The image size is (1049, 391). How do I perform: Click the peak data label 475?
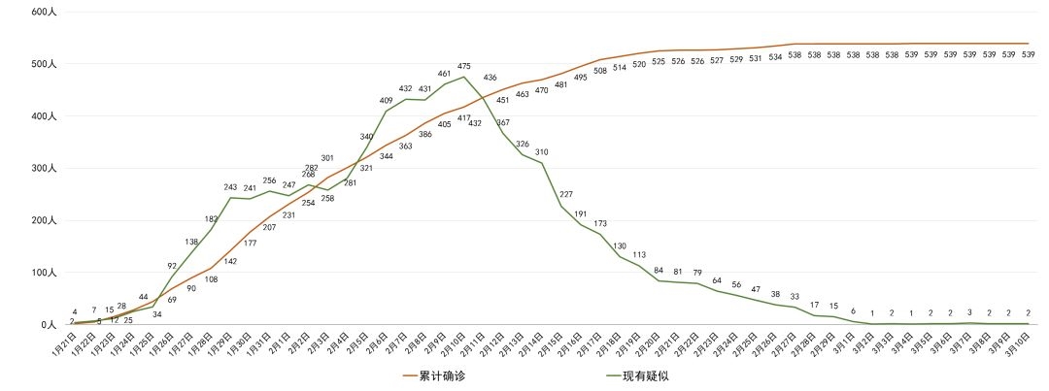click(x=463, y=66)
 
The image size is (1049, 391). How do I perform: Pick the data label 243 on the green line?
click(x=230, y=187)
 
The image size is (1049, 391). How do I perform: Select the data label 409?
click(x=387, y=100)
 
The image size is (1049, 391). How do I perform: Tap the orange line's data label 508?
click(x=600, y=70)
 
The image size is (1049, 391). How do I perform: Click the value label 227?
click(x=566, y=195)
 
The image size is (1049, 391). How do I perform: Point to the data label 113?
click(x=639, y=255)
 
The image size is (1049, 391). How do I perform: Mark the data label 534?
click(x=775, y=56)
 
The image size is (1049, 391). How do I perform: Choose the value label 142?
click(x=230, y=262)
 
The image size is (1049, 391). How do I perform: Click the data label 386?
click(x=424, y=134)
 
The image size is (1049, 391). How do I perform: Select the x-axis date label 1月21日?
click(x=63, y=345)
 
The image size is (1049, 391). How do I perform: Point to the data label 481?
click(x=561, y=84)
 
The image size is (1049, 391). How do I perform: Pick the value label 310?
click(x=541, y=152)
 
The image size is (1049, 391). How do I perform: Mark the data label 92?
click(x=172, y=266)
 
